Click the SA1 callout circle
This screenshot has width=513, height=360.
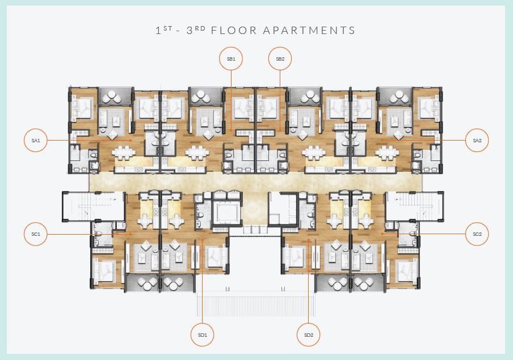pos(36,140)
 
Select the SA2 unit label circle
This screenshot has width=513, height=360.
pos(477,140)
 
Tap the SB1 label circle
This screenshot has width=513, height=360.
pos(231,58)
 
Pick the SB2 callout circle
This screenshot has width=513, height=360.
pos(280,58)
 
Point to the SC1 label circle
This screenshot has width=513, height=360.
pos(36,234)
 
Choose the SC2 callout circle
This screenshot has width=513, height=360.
pos(477,234)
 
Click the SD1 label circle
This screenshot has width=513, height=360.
pos(203,335)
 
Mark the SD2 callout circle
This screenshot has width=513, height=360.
pos(309,335)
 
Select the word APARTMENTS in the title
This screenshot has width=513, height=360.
pos(309,31)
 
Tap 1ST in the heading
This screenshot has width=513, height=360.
pos(163,30)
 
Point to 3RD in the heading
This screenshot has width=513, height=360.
pos(196,30)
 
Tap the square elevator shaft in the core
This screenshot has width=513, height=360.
pos(227,213)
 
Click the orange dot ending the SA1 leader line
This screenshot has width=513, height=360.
pos(131,140)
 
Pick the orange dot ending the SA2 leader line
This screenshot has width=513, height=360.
pos(382,140)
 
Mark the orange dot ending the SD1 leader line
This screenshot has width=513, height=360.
pos(203,240)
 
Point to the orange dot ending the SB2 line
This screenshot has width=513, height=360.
pos(280,130)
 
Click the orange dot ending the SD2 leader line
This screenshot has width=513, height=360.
pos(309,240)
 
